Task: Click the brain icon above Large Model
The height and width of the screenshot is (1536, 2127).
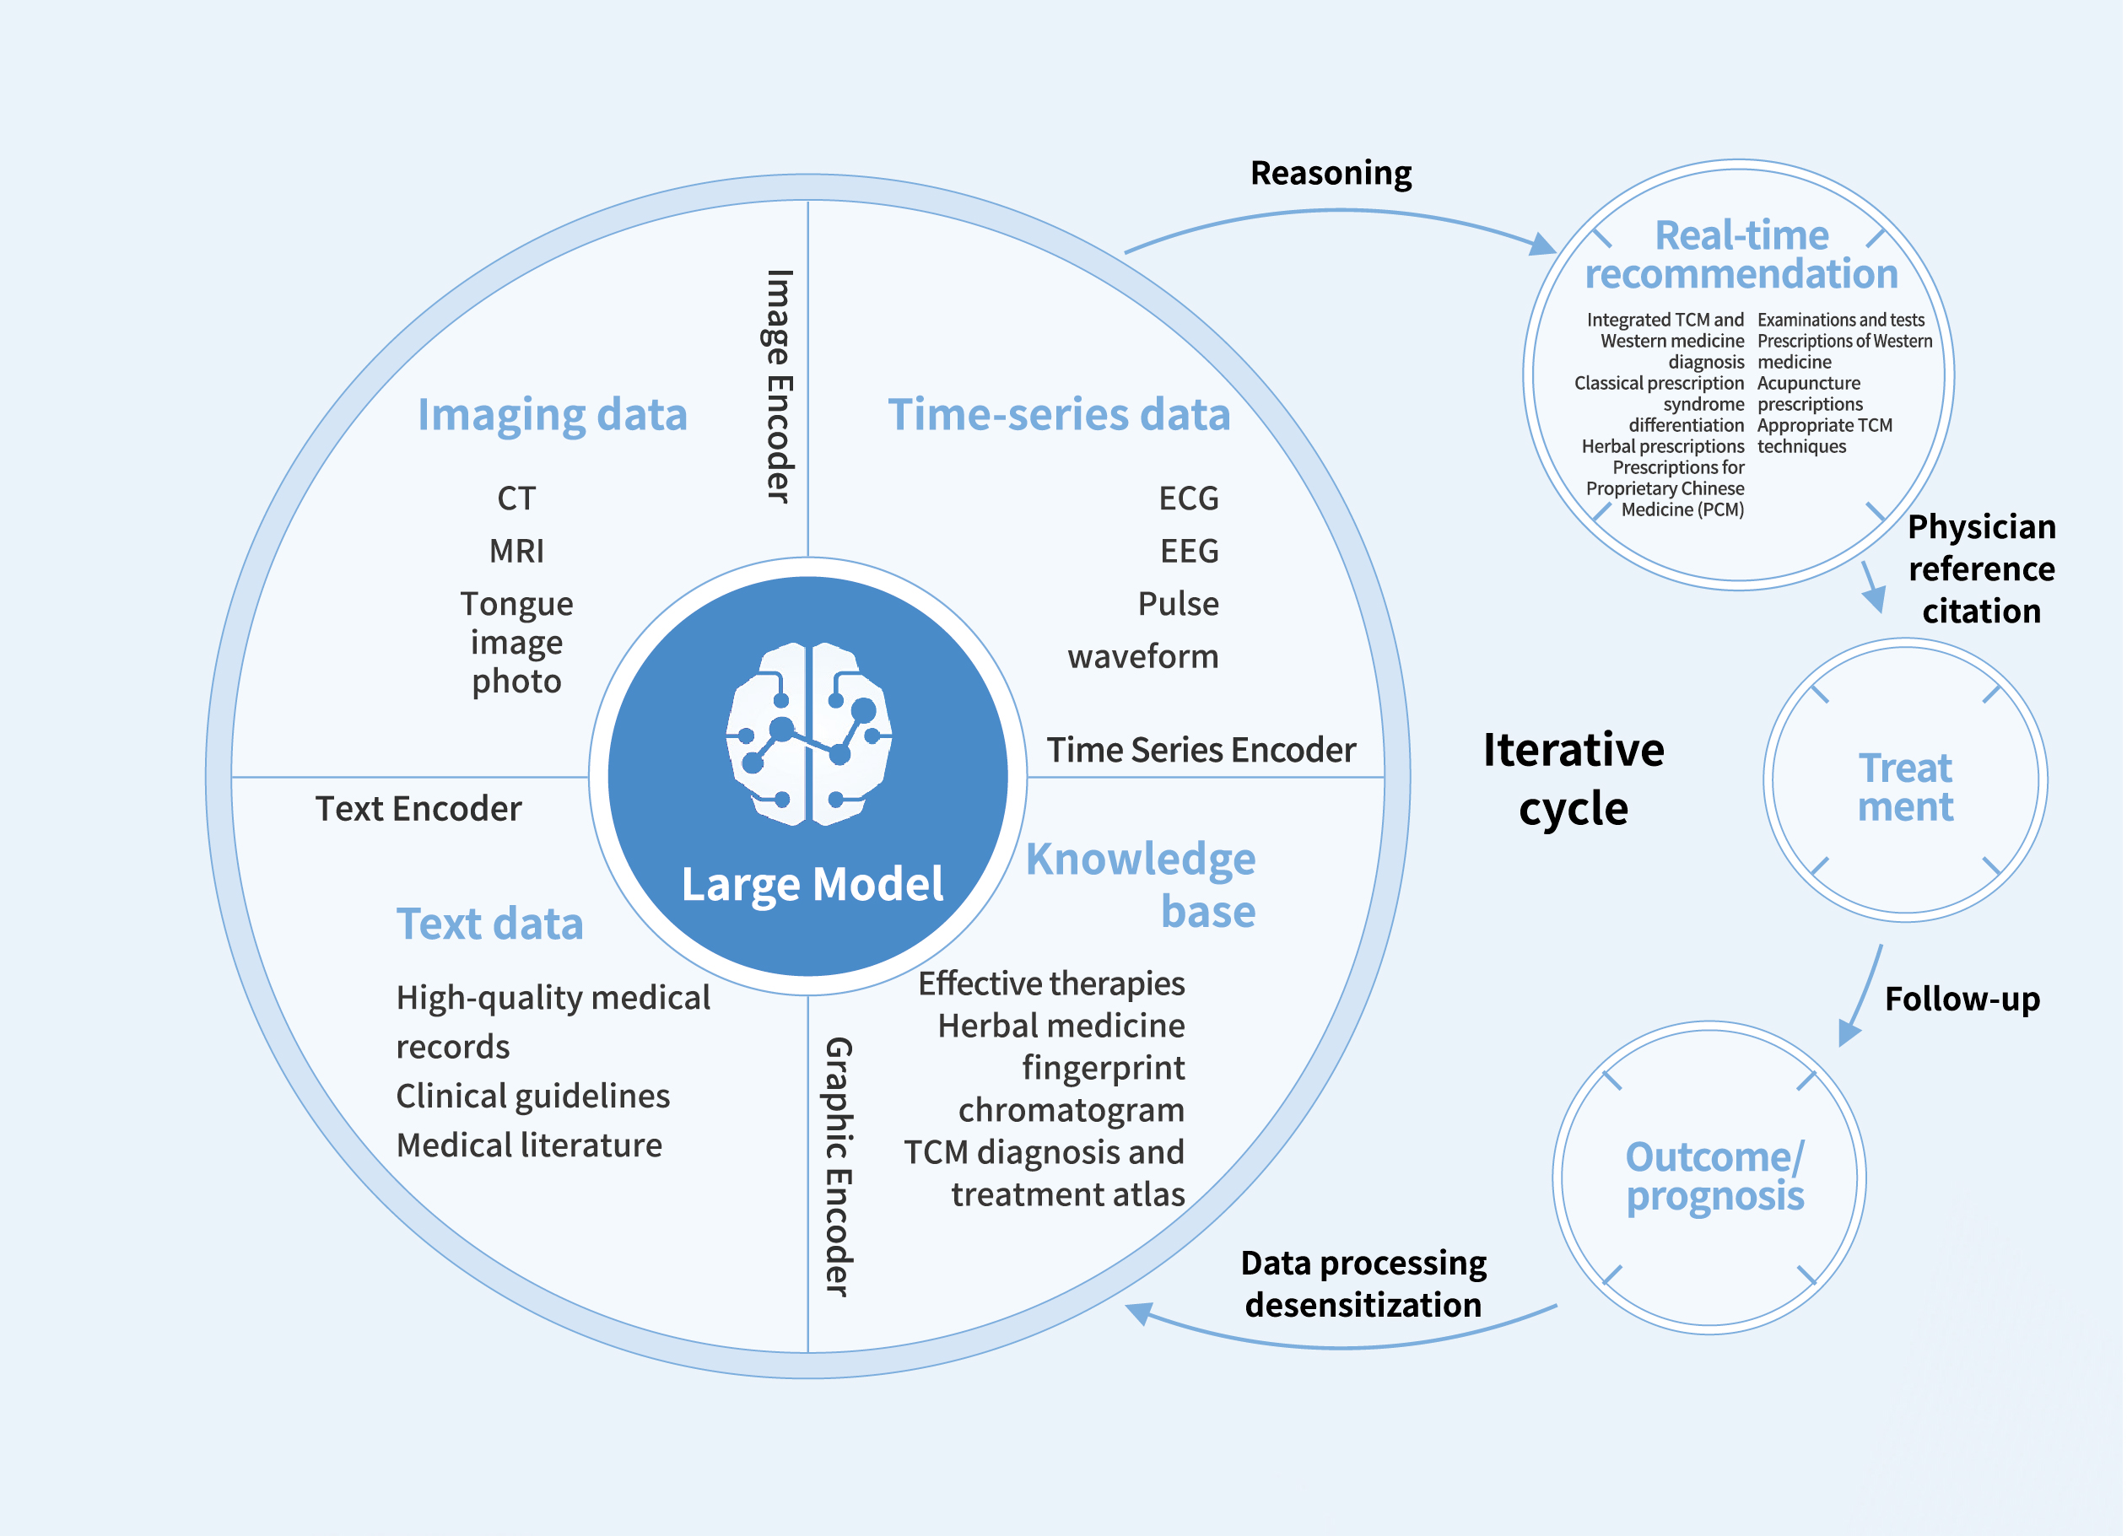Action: (808, 733)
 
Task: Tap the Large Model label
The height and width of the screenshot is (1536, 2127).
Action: (812, 883)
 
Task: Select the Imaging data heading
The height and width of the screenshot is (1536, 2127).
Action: (553, 414)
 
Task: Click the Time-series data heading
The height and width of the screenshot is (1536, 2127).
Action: (1059, 414)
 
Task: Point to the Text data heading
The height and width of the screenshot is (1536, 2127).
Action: (489, 924)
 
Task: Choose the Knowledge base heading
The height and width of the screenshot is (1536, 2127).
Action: (1141, 884)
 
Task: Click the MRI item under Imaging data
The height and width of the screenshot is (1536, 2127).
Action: (516, 551)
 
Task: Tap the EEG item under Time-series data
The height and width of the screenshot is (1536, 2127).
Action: (1189, 551)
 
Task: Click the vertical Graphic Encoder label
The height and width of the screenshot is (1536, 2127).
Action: (838, 1167)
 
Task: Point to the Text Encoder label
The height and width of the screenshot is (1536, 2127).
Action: (418, 808)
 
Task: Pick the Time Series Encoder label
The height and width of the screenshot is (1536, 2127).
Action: (1201, 749)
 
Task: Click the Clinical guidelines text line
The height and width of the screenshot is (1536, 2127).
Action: (532, 1095)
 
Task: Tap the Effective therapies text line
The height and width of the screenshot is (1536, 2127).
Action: (1051, 983)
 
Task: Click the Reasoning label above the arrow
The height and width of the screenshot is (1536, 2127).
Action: (1331, 173)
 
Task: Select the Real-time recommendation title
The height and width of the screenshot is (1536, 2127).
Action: (1741, 254)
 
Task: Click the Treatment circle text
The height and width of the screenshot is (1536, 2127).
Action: (1905, 787)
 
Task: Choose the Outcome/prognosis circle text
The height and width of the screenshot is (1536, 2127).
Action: (1714, 1176)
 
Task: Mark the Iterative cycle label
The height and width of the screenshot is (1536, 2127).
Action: (1574, 779)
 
